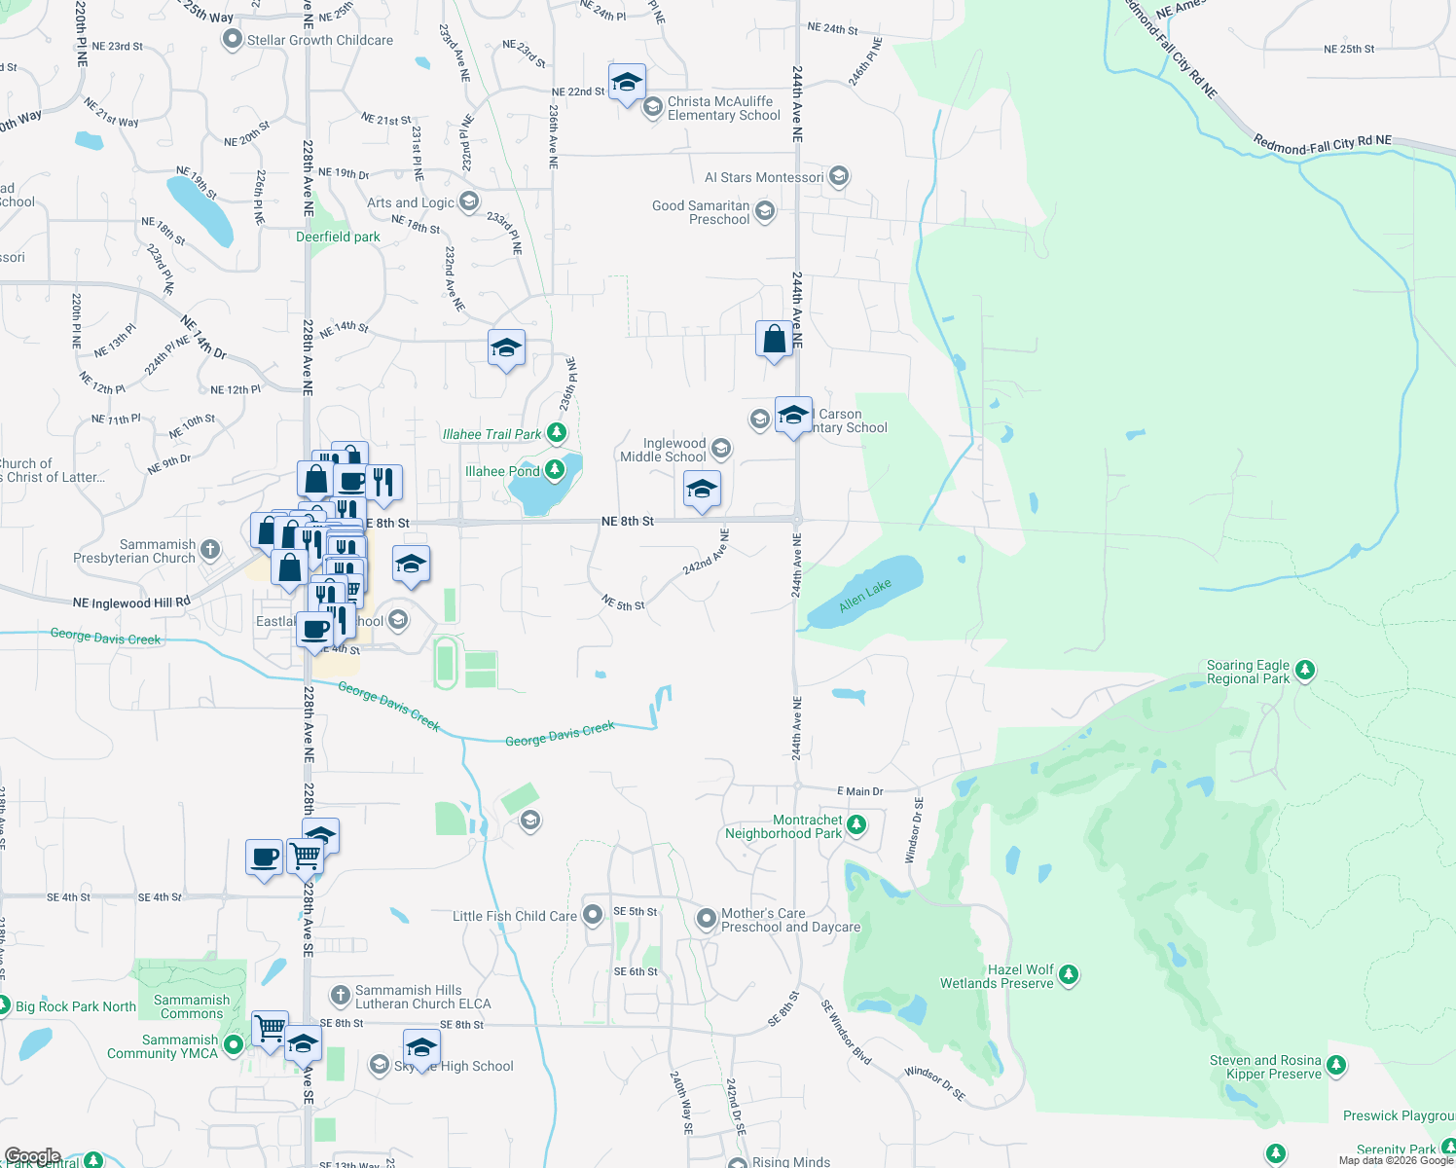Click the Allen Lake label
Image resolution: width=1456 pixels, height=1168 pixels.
click(x=865, y=596)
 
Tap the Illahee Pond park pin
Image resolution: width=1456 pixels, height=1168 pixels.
click(x=555, y=471)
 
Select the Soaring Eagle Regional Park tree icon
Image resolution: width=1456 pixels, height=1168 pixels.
click(x=1305, y=671)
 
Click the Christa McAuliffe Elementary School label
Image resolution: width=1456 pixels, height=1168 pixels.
click(x=723, y=108)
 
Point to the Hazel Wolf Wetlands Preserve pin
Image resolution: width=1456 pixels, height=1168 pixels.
click(x=1069, y=974)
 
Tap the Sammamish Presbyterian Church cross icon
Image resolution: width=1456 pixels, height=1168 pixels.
click(x=210, y=551)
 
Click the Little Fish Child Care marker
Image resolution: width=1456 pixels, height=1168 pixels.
click(x=593, y=915)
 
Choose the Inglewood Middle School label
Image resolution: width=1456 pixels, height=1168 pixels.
click(x=664, y=450)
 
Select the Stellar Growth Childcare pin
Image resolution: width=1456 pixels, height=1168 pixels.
click(x=232, y=40)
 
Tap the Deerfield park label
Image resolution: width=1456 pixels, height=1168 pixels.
click(x=338, y=237)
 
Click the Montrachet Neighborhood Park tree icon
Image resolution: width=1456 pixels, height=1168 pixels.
click(x=856, y=825)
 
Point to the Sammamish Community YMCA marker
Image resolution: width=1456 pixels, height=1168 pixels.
click(x=233, y=1045)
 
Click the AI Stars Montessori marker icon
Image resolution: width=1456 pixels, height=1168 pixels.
click(x=839, y=176)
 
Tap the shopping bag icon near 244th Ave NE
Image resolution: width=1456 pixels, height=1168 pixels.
click(x=774, y=340)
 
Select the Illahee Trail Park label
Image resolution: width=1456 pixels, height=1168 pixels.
click(x=491, y=434)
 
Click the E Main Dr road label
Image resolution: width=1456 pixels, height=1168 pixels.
click(x=860, y=791)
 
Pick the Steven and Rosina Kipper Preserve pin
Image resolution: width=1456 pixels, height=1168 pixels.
click(x=1336, y=1066)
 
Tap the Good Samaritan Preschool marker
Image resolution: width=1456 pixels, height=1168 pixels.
click(x=765, y=211)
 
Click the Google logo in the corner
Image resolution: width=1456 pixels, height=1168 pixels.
click(x=32, y=1156)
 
